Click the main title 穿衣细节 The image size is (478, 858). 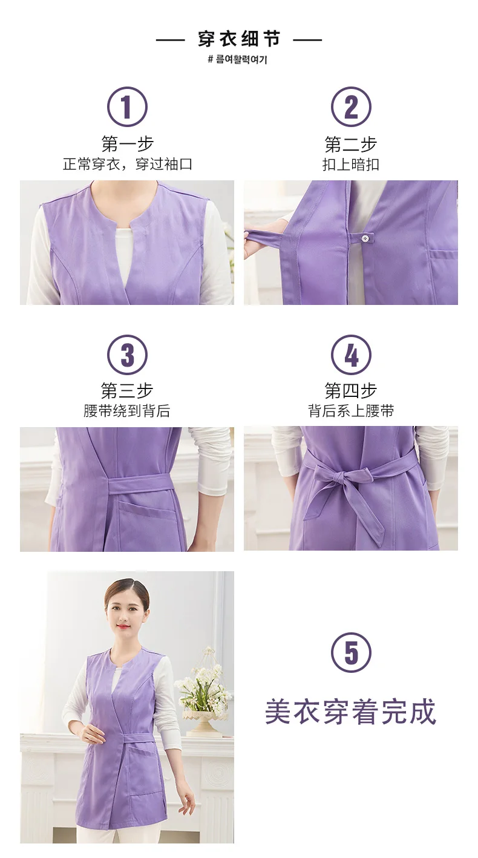coord(239,39)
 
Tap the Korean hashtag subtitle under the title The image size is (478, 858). coord(237,59)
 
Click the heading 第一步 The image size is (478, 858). coord(127,144)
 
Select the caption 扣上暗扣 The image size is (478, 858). coord(351,165)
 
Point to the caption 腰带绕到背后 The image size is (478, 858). coord(127,411)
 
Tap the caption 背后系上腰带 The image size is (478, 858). coord(351,411)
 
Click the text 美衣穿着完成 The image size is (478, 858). coord(350,712)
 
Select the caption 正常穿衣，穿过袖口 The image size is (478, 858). coord(127,165)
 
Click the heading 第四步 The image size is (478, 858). coord(351,391)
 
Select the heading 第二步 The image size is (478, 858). coord(351,144)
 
